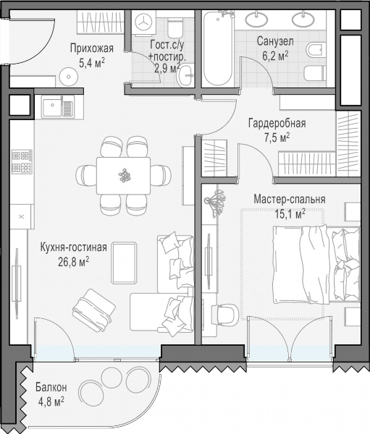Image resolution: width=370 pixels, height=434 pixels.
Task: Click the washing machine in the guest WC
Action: click(144, 23)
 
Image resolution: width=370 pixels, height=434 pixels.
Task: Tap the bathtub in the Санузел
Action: click(218, 48)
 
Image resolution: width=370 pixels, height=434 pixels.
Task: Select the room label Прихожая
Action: click(92, 48)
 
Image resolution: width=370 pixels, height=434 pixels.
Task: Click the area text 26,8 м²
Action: click(73, 261)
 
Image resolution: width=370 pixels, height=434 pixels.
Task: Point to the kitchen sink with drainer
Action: click(58, 107)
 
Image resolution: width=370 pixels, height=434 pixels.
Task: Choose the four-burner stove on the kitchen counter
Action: click(22, 162)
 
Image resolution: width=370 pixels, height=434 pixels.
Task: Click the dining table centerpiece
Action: click(125, 176)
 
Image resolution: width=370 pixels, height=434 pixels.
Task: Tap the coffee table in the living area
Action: click(124, 263)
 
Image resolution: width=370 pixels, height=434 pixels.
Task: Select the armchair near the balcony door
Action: click(93, 310)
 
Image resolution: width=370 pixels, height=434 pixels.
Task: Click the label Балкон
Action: click(51, 388)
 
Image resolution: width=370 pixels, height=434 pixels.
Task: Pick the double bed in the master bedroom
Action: click(316, 265)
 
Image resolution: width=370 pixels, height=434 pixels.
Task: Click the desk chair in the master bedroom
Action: click(227, 314)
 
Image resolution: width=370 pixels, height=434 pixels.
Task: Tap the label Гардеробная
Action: click(277, 124)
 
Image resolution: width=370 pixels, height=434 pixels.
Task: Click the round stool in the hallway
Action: click(69, 77)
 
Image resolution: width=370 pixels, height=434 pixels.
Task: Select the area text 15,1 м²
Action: click(290, 213)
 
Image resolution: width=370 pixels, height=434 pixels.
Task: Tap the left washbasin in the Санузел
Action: click(257, 19)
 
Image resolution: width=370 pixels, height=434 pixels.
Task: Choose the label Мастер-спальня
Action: click(290, 200)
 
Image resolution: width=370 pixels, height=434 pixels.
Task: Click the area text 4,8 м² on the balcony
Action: click(51, 401)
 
